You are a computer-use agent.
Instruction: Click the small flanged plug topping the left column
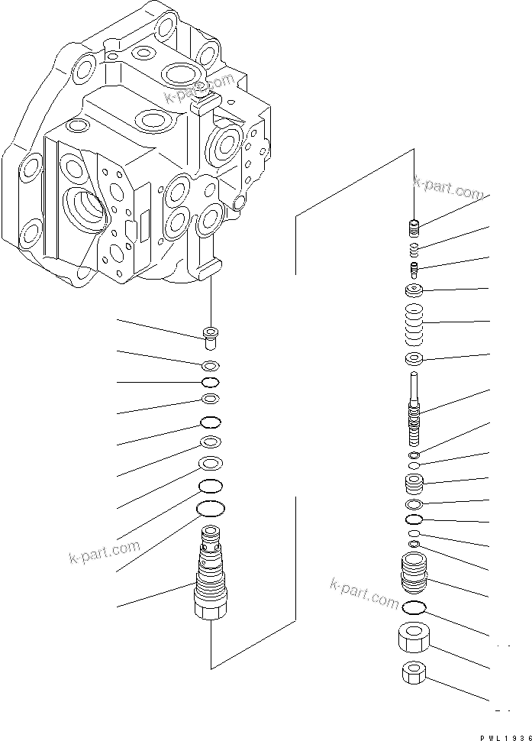pyautogui.click(x=211, y=335)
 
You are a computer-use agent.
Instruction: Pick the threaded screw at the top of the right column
pyautogui.click(x=415, y=227)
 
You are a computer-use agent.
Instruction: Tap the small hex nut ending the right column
pyautogui.click(x=414, y=674)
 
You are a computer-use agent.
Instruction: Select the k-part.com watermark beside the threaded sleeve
pyautogui.click(x=364, y=594)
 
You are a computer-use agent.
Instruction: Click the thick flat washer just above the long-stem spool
pyautogui.click(x=414, y=359)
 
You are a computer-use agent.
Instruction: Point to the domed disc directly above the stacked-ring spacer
pyautogui.click(x=414, y=290)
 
